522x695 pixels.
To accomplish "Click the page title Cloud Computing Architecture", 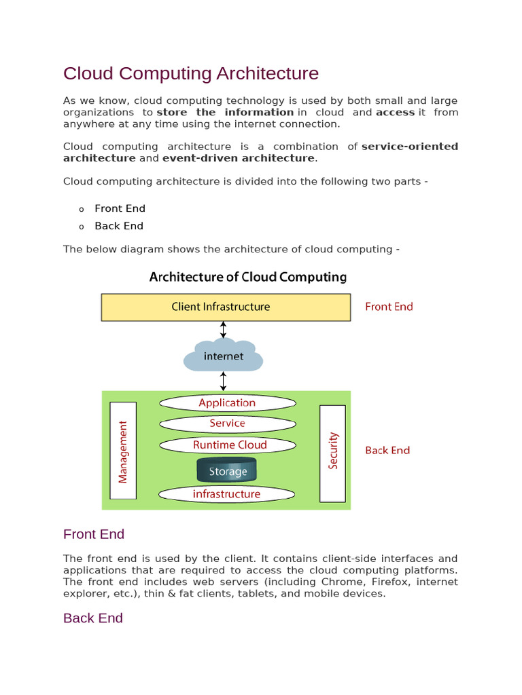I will tap(190, 73).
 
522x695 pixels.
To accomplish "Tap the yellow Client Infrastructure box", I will tap(226, 307).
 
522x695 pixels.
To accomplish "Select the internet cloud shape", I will tap(223, 356).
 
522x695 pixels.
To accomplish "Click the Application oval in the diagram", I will tap(227, 402).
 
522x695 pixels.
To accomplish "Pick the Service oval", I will tap(227, 424).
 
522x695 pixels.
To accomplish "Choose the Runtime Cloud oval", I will tap(228, 445).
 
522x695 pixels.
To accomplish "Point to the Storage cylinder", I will tap(226, 471).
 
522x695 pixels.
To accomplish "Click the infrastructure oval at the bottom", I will tap(227, 494).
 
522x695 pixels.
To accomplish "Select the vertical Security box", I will tap(332, 453).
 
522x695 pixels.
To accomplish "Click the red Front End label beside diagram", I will tap(389, 307).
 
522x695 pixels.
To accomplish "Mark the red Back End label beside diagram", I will tap(387, 450).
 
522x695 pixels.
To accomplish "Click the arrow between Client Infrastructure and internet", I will tap(223, 328).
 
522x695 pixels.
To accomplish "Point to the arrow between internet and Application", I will tap(223, 381).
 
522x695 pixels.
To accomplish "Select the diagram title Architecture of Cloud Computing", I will tap(247, 277).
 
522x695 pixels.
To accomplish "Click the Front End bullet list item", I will tap(120, 208).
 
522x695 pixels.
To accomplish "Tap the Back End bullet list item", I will tap(119, 226).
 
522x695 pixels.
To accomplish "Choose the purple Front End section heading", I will tap(94, 534).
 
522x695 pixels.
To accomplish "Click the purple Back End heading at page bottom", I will tap(93, 618).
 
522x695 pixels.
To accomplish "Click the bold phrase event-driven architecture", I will tap(238, 158).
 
